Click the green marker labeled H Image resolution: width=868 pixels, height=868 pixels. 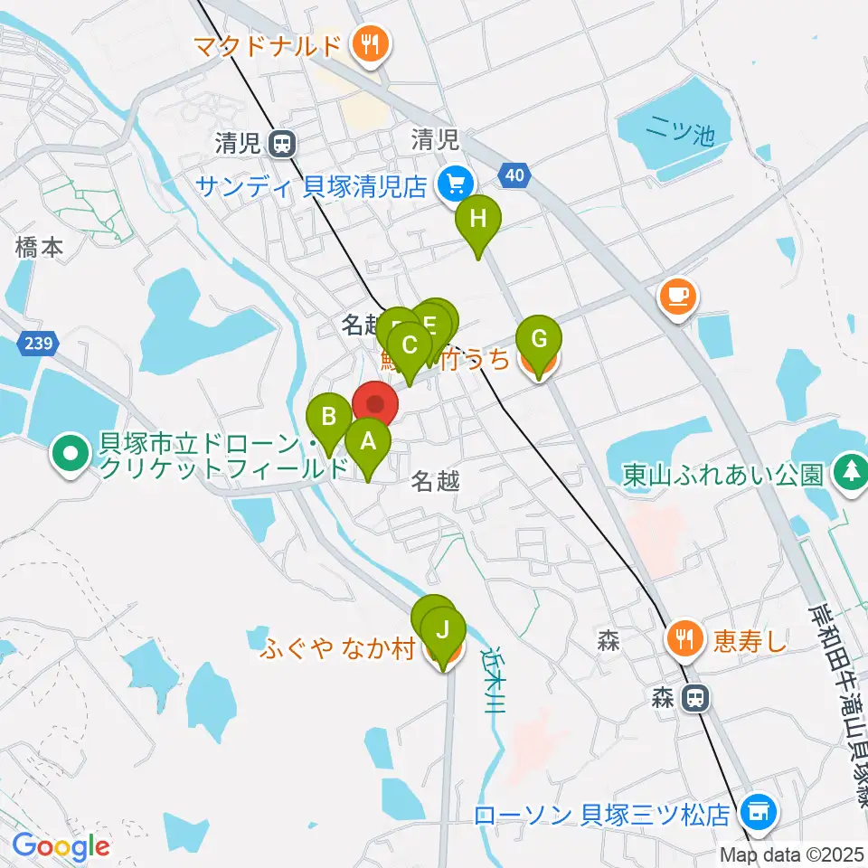pyautogui.click(x=477, y=220)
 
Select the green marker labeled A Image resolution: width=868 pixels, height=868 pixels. pyautogui.click(x=368, y=443)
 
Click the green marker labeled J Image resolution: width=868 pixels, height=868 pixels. pyautogui.click(x=442, y=631)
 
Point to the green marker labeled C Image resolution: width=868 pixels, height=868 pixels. pyautogui.click(x=409, y=346)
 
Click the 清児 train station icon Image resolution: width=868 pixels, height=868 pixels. pyautogui.click(x=283, y=142)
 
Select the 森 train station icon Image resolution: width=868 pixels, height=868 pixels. pyautogui.click(x=694, y=697)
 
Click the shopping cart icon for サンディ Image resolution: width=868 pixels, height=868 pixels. pyautogui.click(x=453, y=185)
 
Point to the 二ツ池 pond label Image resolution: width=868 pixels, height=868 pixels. pyautogui.click(x=681, y=133)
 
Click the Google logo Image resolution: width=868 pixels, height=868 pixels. pyautogui.click(x=60, y=846)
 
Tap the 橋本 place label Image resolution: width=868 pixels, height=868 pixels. pyautogui.click(x=39, y=247)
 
